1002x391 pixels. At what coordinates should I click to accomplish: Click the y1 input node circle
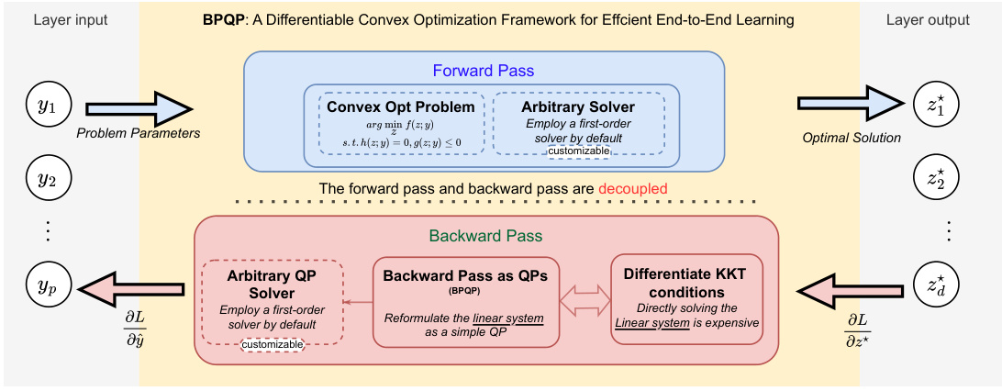tap(47, 107)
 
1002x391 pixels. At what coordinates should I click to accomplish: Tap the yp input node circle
tap(47, 289)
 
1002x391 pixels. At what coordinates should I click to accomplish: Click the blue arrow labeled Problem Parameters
tap(139, 107)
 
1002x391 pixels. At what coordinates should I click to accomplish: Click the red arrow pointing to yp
tap(129, 290)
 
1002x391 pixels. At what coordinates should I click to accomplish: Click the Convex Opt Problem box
tap(401, 122)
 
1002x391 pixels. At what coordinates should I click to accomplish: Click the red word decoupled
tap(632, 188)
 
